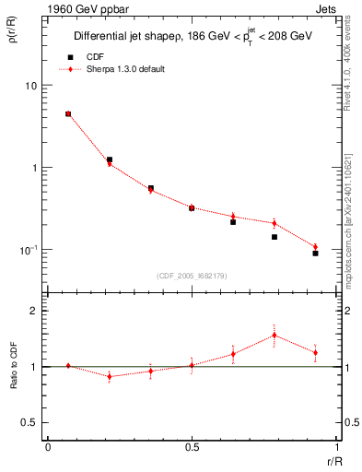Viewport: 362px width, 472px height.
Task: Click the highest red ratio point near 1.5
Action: (x=274, y=335)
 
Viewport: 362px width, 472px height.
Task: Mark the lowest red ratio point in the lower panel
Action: (x=110, y=376)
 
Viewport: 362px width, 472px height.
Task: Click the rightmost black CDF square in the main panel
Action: (x=315, y=253)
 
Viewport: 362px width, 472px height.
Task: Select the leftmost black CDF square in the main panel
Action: (x=68, y=114)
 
